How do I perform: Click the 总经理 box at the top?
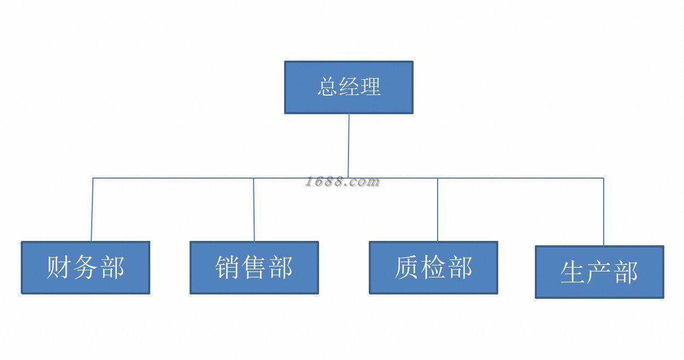coord(349,87)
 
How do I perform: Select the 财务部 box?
coord(85,268)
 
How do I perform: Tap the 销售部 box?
coord(255,268)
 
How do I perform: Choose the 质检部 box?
coord(434,268)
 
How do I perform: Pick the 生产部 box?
coord(599,272)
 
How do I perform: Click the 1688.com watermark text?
coord(343,182)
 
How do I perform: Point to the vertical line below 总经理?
coord(349,146)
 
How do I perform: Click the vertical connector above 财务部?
coord(92,209)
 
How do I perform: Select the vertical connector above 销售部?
coord(253,209)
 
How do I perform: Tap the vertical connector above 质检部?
coord(438,209)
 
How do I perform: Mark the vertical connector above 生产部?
coord(603,211)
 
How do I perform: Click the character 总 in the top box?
coord(328,87)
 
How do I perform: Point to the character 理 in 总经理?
coord(370,87)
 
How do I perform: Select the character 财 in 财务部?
coord(58,268)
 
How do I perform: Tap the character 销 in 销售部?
coord(227,268)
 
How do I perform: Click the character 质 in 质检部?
coord(406,268)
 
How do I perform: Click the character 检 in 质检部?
coord(434,268)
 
